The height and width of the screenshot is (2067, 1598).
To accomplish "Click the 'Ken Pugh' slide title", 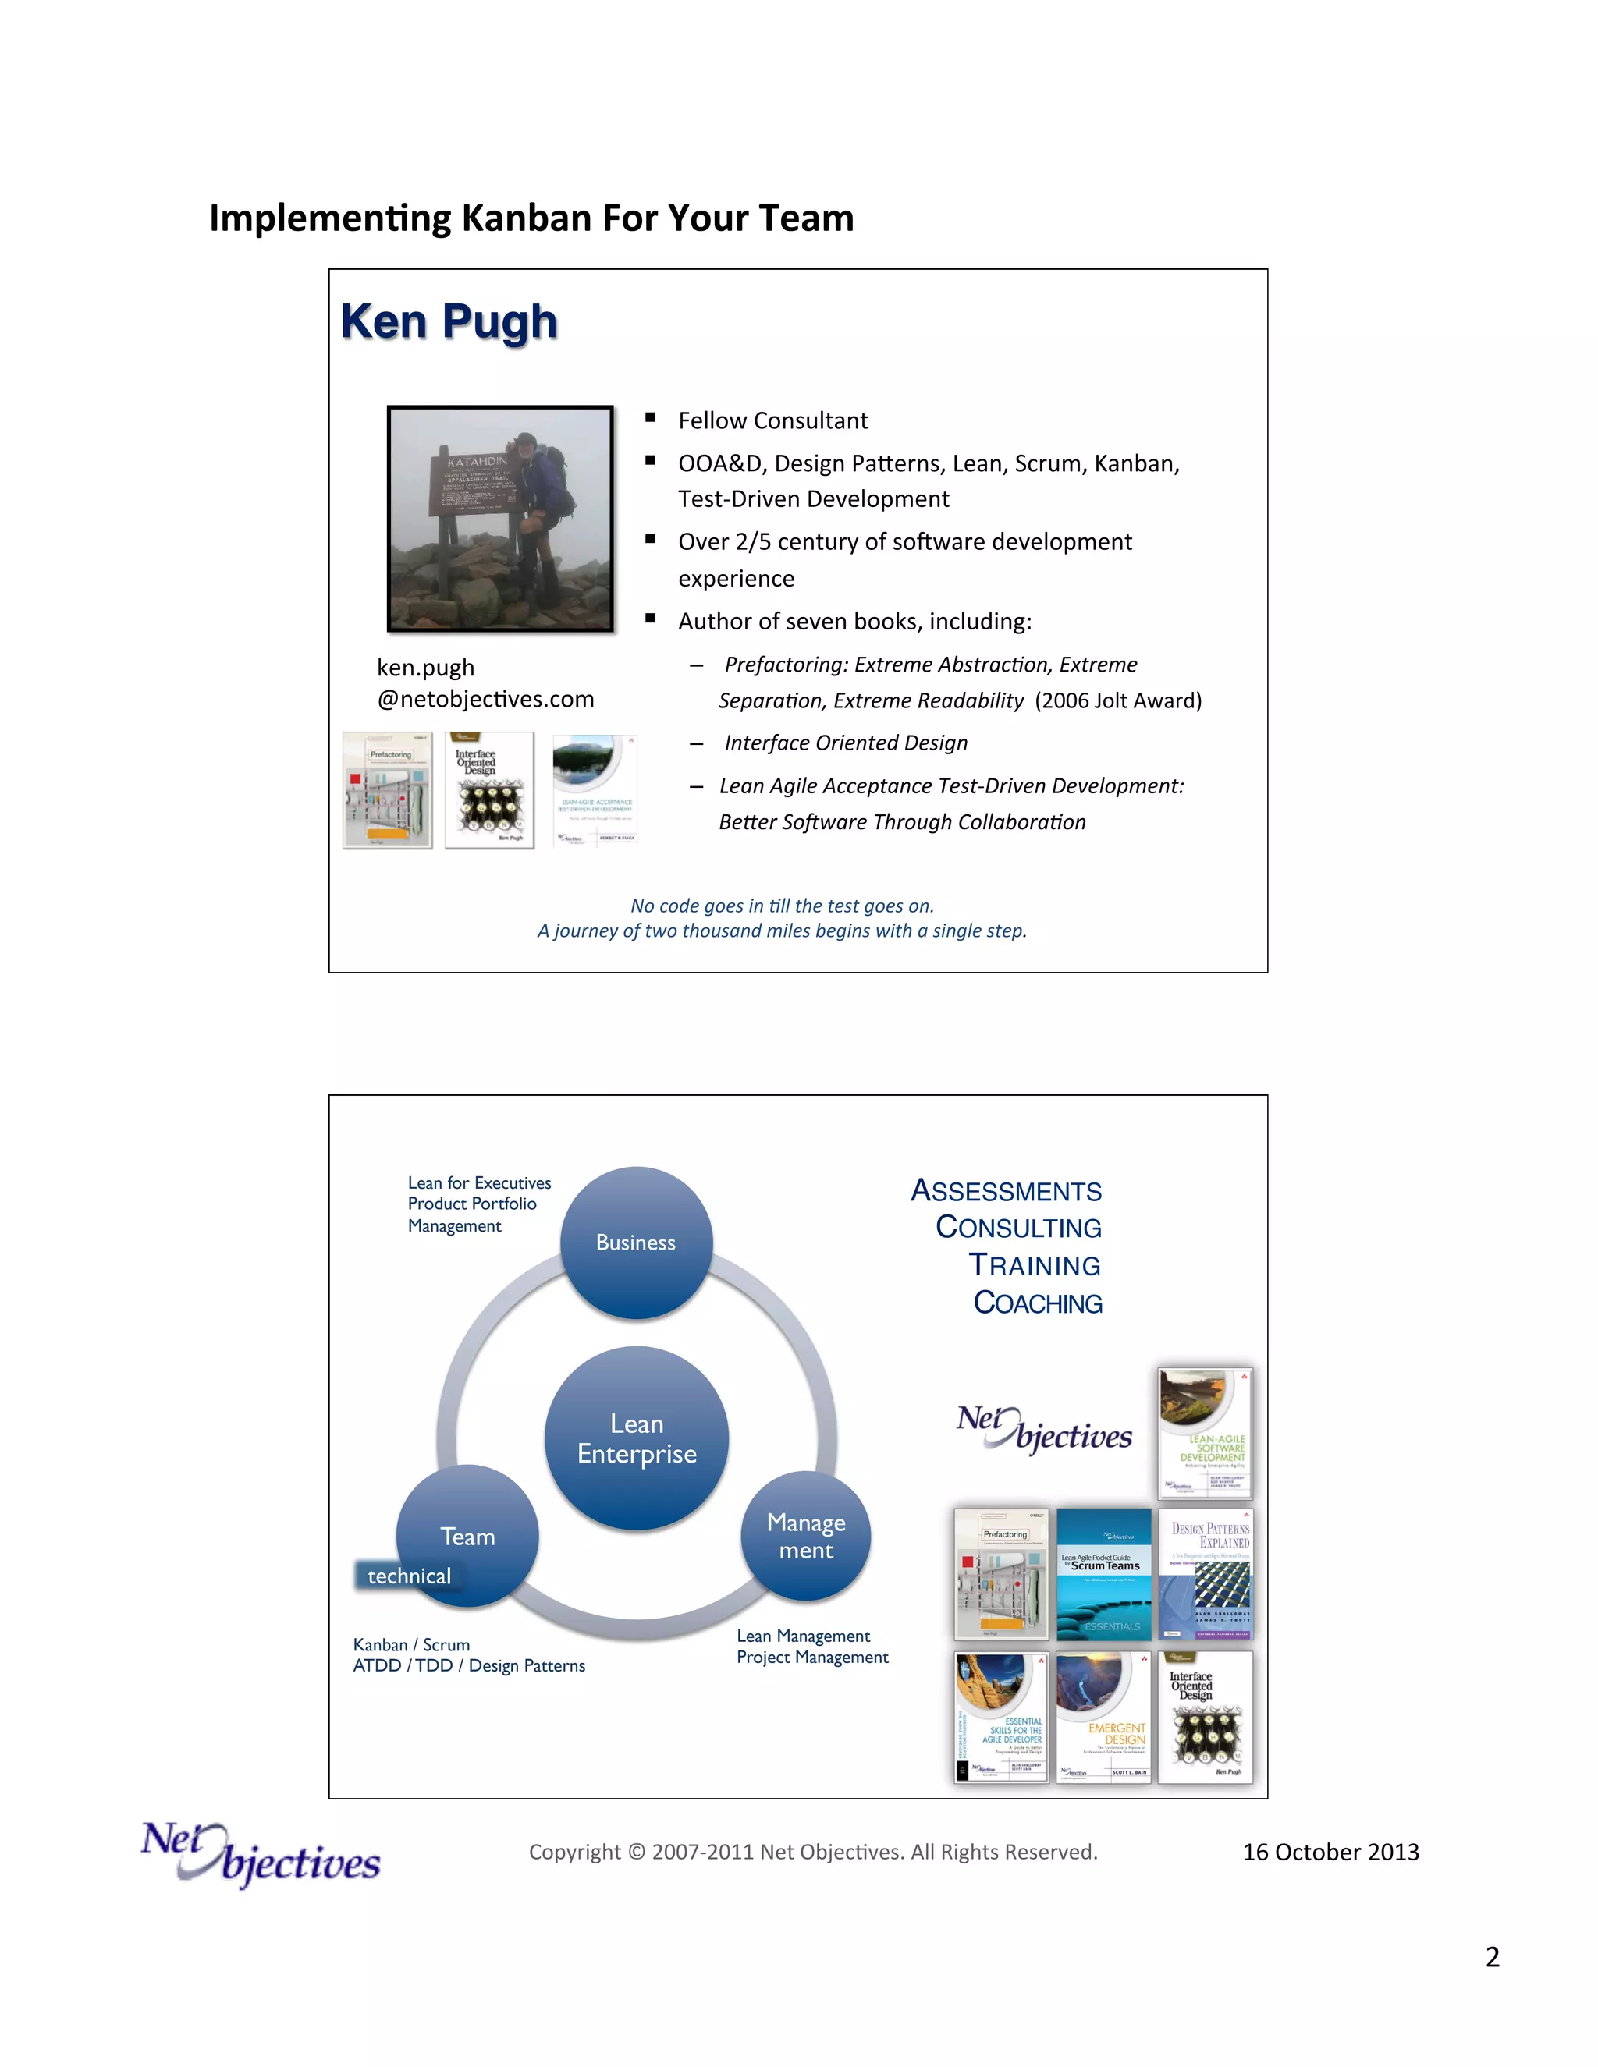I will point(449,322).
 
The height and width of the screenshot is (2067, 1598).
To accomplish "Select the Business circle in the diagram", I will point(636,1243).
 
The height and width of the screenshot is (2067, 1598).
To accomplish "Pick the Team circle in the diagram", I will point(467,1535).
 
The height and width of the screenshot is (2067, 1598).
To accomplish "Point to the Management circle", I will point(805,1536).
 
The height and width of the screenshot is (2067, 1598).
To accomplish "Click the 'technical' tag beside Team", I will point(409,1576).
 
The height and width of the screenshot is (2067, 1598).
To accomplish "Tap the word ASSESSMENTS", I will point(1007,1190).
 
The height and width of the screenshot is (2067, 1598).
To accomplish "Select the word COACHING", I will point(1038,1303).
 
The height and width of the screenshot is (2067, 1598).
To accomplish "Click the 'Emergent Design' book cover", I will point(1103,1718).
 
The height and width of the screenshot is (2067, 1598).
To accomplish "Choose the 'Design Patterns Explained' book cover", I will point(1205,1574).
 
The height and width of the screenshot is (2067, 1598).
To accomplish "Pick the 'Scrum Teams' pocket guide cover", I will point(1103,1574).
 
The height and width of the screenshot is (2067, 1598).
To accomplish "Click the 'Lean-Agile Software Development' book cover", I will point(1205,1433).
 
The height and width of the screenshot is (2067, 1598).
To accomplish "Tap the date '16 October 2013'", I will point(1330,1852).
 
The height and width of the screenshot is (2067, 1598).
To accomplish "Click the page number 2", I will point(1492,1957).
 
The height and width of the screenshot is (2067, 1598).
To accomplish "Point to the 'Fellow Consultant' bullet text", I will point(772,421).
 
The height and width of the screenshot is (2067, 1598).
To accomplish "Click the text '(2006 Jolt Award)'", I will point(1118,700).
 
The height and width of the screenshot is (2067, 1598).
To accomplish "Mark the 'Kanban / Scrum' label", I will point(412,1645).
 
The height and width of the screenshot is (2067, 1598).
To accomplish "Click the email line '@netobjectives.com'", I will point(485,700).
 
